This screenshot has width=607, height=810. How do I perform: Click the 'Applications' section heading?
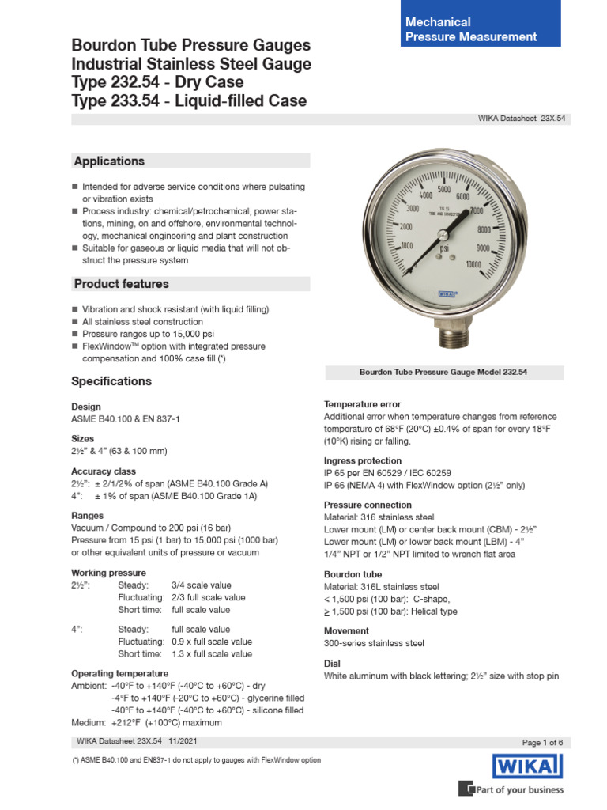pyautogui.click(x=109, y=161)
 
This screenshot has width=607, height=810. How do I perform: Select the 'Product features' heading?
pyautogui.click(x=121, y=284)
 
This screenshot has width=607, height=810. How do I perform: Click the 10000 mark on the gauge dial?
pyautogui.click(x=474, y=264)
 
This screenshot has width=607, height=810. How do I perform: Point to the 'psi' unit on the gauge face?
pyautogui.click(x=445, y=249)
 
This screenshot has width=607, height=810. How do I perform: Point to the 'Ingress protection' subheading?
pyautogui.click(x=362, y=460)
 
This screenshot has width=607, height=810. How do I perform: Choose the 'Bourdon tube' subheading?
pyautogui.click(x=353, y=574)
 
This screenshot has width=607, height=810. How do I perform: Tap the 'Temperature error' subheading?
pyautogui.click(x=362, y=404)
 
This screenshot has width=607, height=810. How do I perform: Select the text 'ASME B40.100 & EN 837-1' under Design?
pyautogui.click(x=126, y=419)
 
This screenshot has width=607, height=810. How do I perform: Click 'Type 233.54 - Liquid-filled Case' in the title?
pyautogui.click(x=189, y=100)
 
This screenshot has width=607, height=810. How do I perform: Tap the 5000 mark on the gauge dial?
pyautogui.click(x=443, y=191)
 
